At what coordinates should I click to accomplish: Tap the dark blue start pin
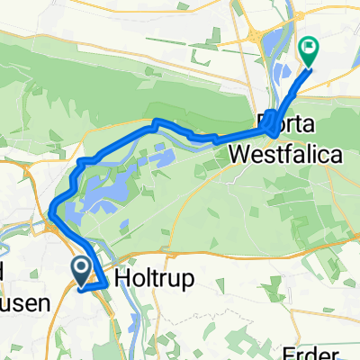(x=79, y=269)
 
